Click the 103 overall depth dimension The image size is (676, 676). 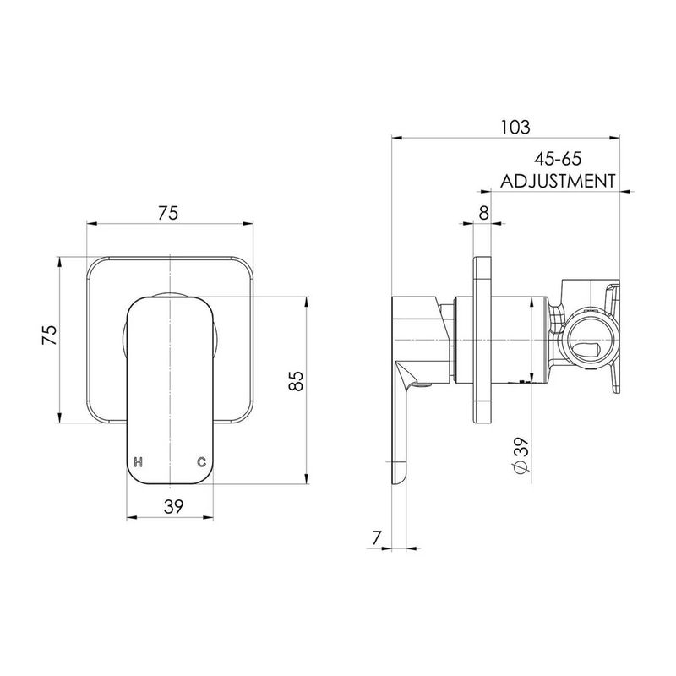pos(515,128)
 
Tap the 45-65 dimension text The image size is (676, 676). pos(558,159)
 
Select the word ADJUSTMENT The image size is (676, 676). pos(558,181)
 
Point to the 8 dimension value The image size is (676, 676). pos(484,213)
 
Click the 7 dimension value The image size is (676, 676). pos(377,537)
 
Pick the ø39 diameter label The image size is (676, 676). pos(521,455)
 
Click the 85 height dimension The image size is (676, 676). pos(297,381)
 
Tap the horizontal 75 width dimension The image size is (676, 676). pos(167,213)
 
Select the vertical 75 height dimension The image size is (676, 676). pos(49,335)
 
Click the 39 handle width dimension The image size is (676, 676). pos(174,506)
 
